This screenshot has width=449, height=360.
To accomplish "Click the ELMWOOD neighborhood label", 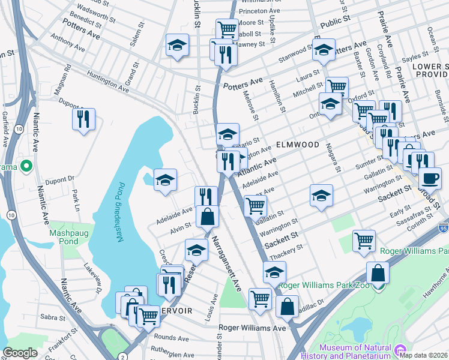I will click(x=298, y=145).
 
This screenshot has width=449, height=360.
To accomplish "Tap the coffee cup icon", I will click(x=429, y=178).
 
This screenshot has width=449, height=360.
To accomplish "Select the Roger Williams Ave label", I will click(x=252, y=328).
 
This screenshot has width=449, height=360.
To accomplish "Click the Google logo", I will click(x=20, y=353).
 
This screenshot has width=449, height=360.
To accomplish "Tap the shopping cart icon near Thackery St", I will click(x=364, y=241).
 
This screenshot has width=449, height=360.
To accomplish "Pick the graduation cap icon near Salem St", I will click(x=177, y=46).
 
